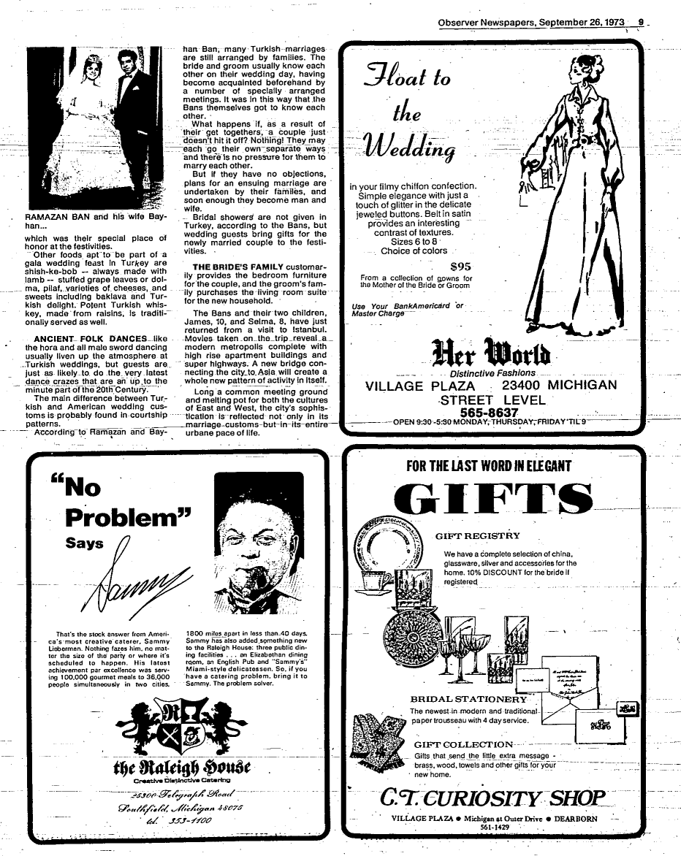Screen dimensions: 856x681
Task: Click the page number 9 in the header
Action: (640, 22)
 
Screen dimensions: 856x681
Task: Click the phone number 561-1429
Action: (495, 827)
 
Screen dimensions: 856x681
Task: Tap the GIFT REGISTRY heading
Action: (477, 535)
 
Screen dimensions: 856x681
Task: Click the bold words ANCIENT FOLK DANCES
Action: (93, 338)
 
